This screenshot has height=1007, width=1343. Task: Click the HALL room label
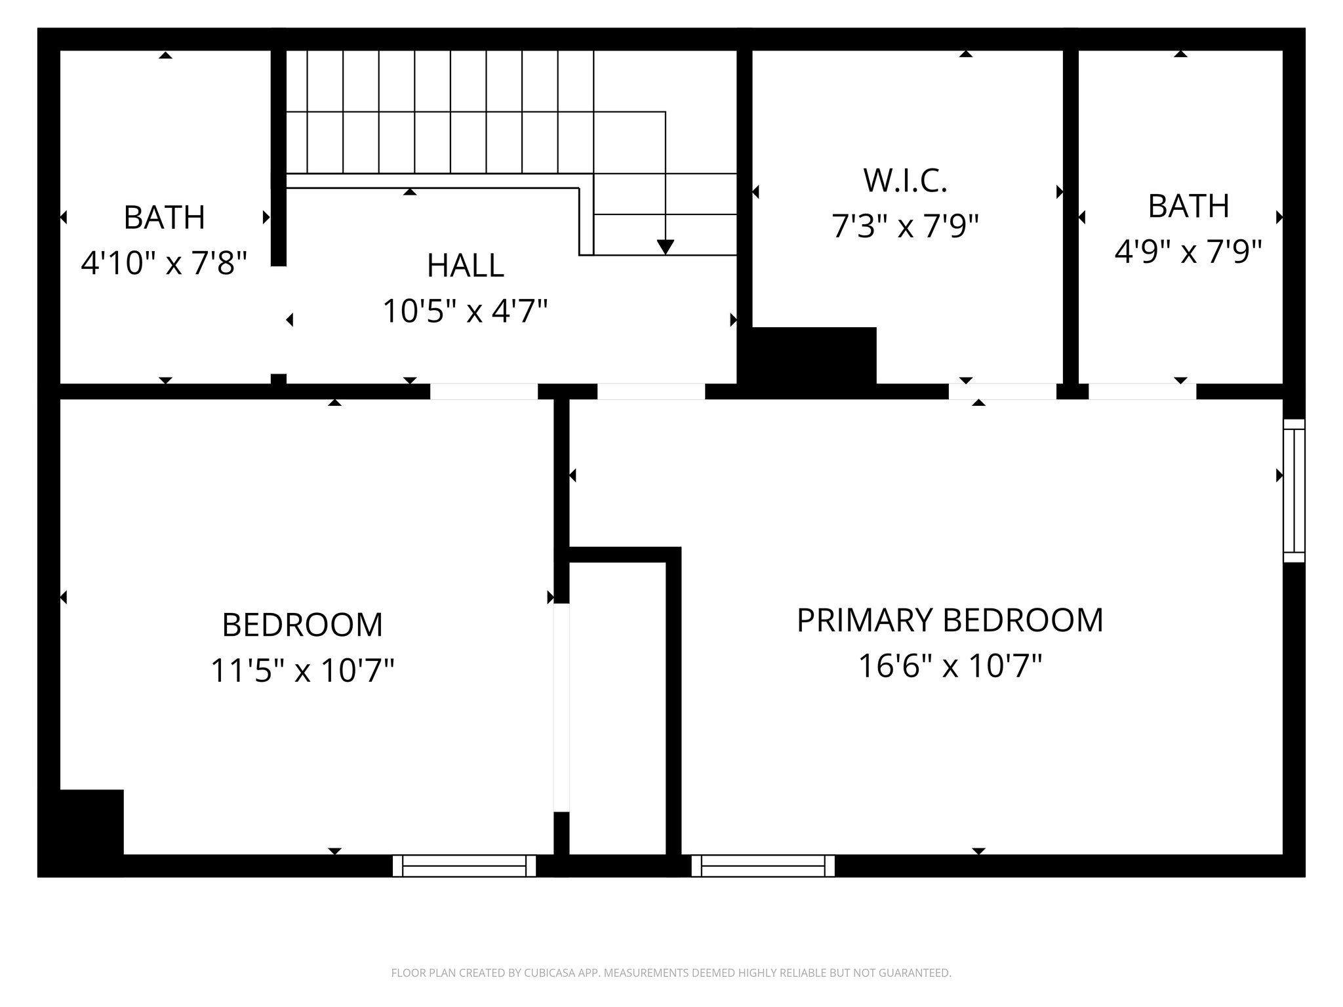[x=465, y=266]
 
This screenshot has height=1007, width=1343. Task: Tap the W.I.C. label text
[x=905, y=181]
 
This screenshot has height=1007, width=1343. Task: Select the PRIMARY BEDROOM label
[x=950, y=620]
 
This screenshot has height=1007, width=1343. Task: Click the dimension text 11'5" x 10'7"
[x=302, y=671]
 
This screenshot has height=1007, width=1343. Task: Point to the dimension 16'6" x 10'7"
[x=950, y=667]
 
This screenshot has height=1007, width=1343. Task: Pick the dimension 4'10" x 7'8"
[x=164, y=264]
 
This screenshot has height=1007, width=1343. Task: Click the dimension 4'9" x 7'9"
[x=1188, y=252]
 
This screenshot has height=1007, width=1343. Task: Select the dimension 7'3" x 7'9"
[x=905, y=227]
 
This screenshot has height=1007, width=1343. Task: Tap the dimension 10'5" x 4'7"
[x=465, y=311]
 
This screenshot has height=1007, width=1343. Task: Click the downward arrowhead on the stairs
[x=665, y=247]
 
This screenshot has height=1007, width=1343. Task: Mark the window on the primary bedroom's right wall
[x=1294, y=490]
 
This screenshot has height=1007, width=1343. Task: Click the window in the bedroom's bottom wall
[x=464, y=865]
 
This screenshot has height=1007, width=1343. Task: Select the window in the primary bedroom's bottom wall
[x=763, y=865]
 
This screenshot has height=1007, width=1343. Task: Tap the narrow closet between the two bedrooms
[x=617, y=708]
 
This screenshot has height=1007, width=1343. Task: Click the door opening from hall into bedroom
[x=484, y=391]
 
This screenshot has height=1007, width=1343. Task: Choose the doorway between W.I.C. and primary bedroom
[x=1002, y=391]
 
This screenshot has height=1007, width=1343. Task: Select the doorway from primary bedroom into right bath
[x=1142, y=391]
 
